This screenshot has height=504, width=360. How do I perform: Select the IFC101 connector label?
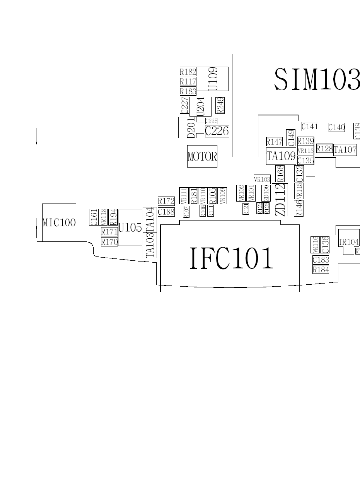[x=231, y=258]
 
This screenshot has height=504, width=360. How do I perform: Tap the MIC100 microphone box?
[x=59, y=222]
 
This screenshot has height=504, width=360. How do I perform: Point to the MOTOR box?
[x=202, y=156]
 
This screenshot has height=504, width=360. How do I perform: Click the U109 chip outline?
[x=213, y=79]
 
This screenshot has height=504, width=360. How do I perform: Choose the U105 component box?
[x=130, y=228]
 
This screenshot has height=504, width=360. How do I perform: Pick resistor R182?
[x=188, y=72]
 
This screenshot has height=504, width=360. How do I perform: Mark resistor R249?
[x=220, y=105]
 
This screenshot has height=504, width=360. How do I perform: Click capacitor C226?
[x=217, y=131]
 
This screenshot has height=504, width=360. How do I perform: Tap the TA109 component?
[x=281, y=156]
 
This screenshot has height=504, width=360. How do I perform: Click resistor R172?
[x=166, y=201]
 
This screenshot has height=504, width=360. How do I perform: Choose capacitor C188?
[x=166, y=212]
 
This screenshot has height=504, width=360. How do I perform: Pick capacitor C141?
[x=310, y=126]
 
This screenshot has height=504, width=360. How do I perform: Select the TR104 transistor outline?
[x=349, y=242]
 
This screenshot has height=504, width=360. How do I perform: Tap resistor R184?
[x=321, y=270]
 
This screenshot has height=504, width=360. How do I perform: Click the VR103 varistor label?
[x=262, y=179]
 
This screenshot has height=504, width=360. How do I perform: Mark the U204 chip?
[x=200, y=106]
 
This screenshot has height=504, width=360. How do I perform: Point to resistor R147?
[x=274, y=142]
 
